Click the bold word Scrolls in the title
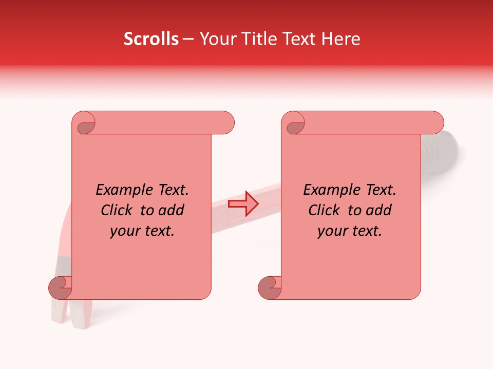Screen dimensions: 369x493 point(151,39)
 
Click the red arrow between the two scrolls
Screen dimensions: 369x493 point(242,204)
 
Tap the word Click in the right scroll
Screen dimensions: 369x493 point(324,210)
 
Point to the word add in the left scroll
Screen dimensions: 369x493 point(172,210)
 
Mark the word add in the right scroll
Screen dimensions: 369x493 point(379,210)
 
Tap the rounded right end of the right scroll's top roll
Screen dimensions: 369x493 point(435,123)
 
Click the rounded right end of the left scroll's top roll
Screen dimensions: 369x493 point(226,123)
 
